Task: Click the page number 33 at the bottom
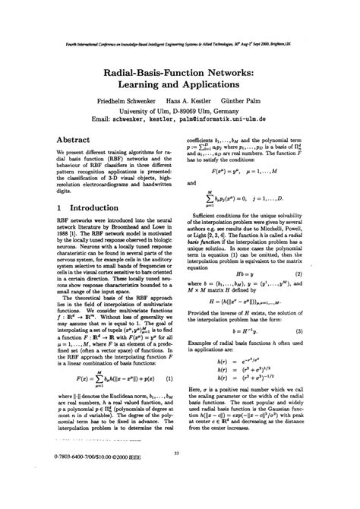[176, 475]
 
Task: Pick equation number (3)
[321, 332]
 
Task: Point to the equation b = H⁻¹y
[250, 332]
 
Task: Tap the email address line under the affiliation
[180, 120]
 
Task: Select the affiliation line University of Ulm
[180, 110]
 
